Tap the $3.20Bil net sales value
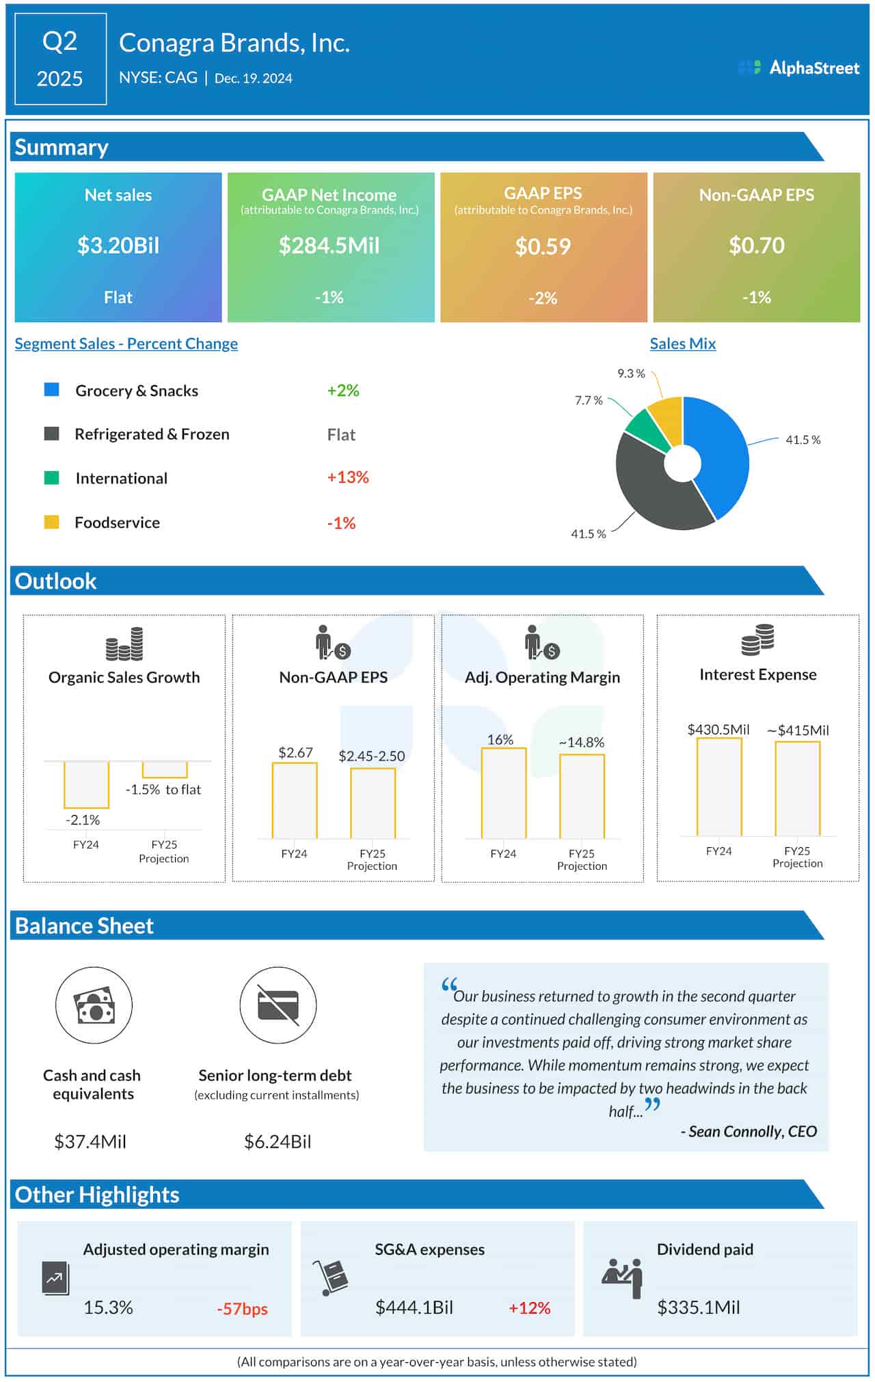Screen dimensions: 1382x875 [118, 245]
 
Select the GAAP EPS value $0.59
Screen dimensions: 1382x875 [543, 246]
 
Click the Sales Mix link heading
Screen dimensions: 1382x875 [682, 344]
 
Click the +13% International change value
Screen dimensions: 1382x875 [348, 477]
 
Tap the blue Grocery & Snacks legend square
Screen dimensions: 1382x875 [51, 390]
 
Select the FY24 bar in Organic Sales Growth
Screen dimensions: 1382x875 [86, 784]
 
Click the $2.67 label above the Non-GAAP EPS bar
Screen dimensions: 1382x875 [295, 752]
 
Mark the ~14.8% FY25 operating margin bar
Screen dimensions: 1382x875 [582, 796]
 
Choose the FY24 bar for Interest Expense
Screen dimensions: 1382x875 [719, 786]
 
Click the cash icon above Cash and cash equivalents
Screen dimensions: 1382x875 [94, 1005]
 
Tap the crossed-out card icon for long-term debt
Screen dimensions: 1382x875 [278, 1005]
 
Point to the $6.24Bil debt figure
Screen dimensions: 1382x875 [278, 1141]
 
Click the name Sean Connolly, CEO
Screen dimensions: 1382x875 [752, 1132]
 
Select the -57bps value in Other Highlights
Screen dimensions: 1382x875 [242, 1309]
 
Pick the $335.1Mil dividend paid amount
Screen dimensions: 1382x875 [699, 1307]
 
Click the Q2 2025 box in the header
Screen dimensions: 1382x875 [60, 59]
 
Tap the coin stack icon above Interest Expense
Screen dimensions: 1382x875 [757, 639]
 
